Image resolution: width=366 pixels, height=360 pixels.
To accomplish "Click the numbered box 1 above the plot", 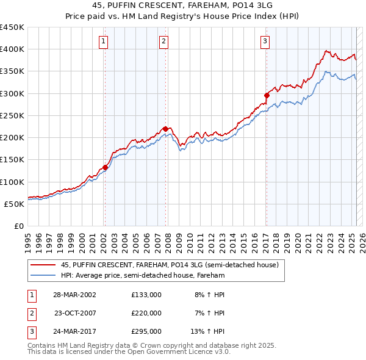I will pyautogui.click(x=104, y=41).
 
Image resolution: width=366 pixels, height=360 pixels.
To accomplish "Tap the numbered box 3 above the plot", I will pyautogui.click(x=266, y=41).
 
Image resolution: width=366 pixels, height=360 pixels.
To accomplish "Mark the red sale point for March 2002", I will pyautogui.click(x=105, y=167).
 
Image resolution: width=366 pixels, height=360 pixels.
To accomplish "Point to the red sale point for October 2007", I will pyautogui.click(x=165, y=128).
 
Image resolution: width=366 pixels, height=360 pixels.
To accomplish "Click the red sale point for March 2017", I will pyautogui.click(x=267, y=95).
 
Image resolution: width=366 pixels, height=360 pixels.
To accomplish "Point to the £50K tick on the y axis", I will pyautogui.click(x=15, y=204).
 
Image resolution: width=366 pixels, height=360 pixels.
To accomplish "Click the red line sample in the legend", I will pyautogui.click(x=43, y=265).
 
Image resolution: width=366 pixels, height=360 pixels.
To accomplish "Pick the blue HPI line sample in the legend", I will pyautogui.click(x=43, y=275).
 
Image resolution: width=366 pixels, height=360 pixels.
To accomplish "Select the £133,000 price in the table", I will pyautogui.click(x=146, y=294).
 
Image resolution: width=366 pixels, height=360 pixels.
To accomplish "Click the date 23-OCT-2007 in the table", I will pyautogui.click(x=75, y=313).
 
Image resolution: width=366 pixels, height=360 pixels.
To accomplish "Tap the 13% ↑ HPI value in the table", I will pyautogui.click(x=208, y=332).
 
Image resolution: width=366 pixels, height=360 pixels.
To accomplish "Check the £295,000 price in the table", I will pyautogui.click(x=146, y=332).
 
